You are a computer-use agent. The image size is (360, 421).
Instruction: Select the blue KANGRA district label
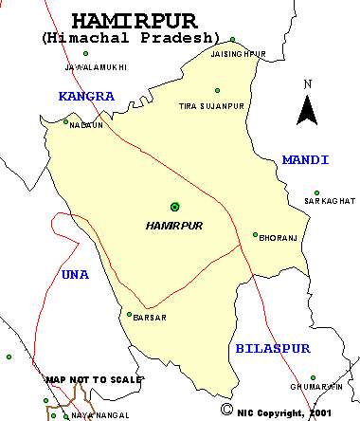pyautogui.click(x=85, y=96)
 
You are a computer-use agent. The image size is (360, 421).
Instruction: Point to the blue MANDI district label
pyautogui.click(x=305, y=159)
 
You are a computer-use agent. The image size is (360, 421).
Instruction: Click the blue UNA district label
pyautogui.click(x=74, y=274)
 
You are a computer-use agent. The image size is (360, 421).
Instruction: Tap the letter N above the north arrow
pyautogui.click(x=307, y=84)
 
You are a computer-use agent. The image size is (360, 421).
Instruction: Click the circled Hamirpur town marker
pyautogui.click(x=174, y=206)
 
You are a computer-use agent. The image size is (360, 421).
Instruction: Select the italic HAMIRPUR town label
pyautogui.click(x=174, y=226)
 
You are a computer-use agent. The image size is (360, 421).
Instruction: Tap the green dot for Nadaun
pyautogui.click(x=66, y=121)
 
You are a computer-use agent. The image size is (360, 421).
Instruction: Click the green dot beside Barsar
pyautogui.click(x=129, y=314)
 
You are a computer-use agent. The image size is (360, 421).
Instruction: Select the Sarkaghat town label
pyautogui.click(x=329, y=202)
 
